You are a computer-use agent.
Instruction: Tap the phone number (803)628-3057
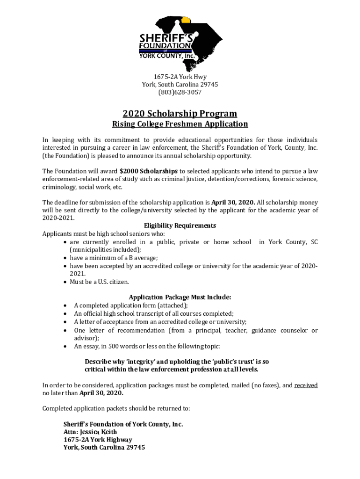(180, 92)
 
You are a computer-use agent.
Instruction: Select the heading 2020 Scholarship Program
(180, 114)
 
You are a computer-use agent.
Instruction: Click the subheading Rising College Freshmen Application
(180, 124)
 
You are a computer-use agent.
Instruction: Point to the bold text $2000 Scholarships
(149, 171)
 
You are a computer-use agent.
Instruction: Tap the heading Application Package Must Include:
(180, 297)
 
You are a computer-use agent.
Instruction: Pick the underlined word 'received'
(306, 385)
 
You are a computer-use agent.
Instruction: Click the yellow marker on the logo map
(186, 20)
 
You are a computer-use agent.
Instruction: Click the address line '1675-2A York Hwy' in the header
(180, 77)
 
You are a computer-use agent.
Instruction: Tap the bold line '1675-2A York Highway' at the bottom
(98, 440)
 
